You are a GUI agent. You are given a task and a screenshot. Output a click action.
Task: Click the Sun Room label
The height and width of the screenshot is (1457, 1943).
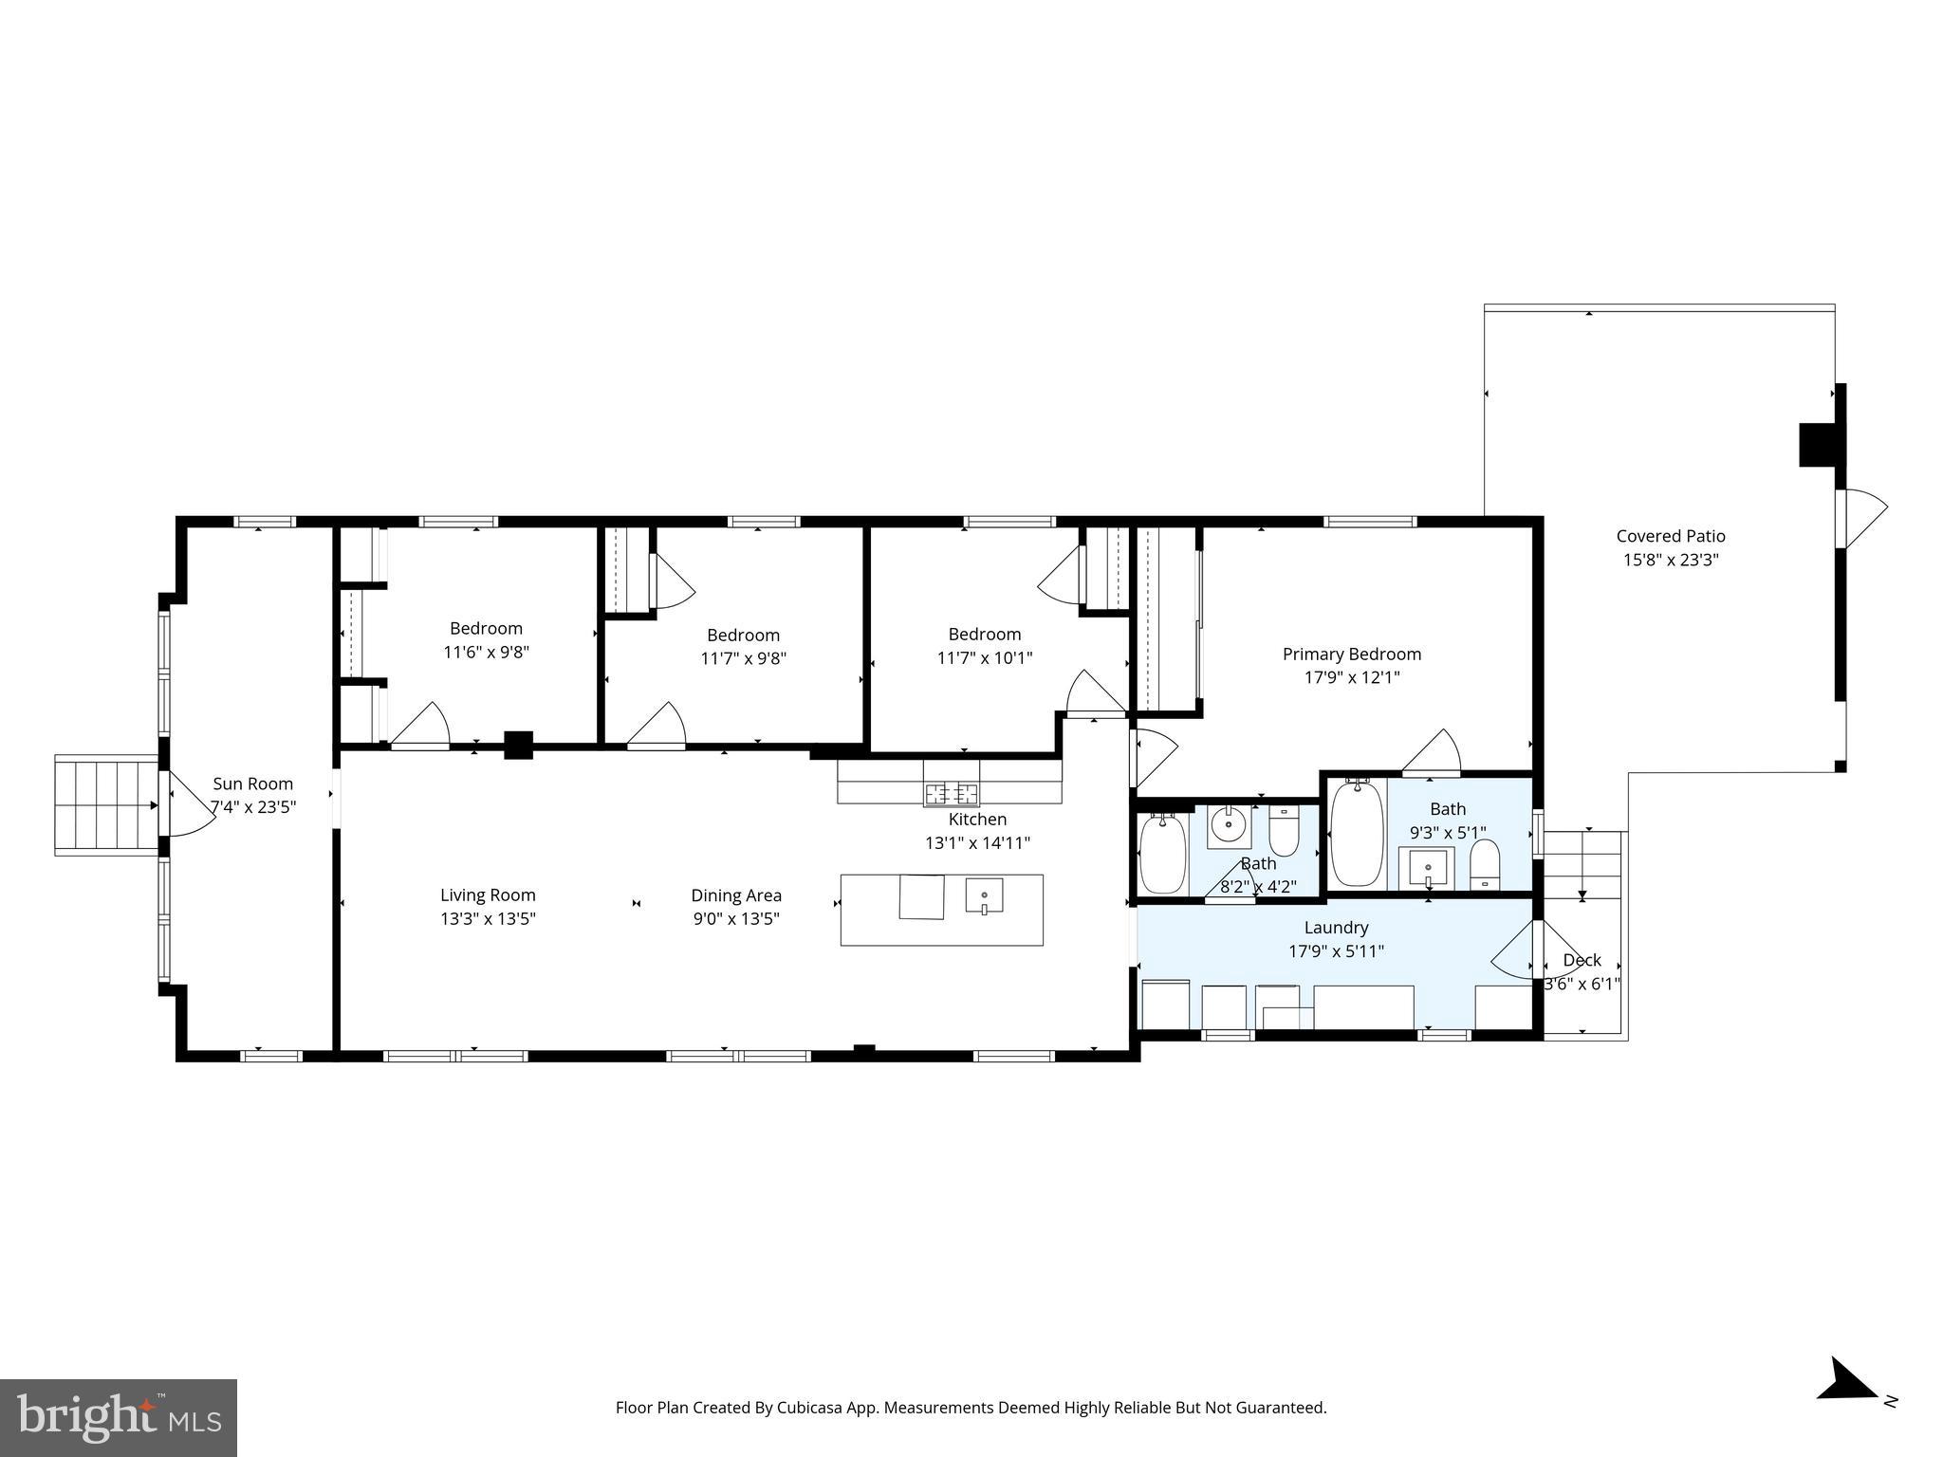252,784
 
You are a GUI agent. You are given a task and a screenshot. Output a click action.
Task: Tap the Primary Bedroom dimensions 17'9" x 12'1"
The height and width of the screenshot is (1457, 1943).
1352,677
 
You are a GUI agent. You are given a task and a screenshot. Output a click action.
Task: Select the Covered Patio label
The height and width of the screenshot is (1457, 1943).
1671,536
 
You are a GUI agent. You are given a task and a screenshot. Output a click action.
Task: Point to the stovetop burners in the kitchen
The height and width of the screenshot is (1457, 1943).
952,793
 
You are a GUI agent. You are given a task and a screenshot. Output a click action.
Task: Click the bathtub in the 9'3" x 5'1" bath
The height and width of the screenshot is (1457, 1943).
1357,833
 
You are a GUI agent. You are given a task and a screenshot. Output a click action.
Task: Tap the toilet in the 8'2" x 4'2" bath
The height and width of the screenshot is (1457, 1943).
1284,832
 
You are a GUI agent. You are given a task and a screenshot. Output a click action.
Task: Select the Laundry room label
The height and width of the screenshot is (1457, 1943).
1336,928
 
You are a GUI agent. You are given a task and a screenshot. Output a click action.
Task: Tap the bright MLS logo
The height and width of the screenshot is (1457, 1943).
119,1417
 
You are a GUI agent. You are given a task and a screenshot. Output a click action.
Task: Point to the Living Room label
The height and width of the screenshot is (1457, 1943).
488,894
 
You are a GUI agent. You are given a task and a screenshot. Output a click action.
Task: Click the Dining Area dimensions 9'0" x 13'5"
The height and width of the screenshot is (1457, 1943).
736,918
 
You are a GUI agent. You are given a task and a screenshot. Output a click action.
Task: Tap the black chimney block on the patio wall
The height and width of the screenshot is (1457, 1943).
1818,444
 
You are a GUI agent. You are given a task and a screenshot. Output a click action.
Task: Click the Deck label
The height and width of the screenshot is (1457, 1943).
1582,960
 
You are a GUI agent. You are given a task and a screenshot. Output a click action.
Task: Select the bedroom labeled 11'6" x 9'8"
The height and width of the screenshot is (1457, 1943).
486,640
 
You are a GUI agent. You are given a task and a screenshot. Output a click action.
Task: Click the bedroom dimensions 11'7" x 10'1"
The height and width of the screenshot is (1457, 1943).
985,657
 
